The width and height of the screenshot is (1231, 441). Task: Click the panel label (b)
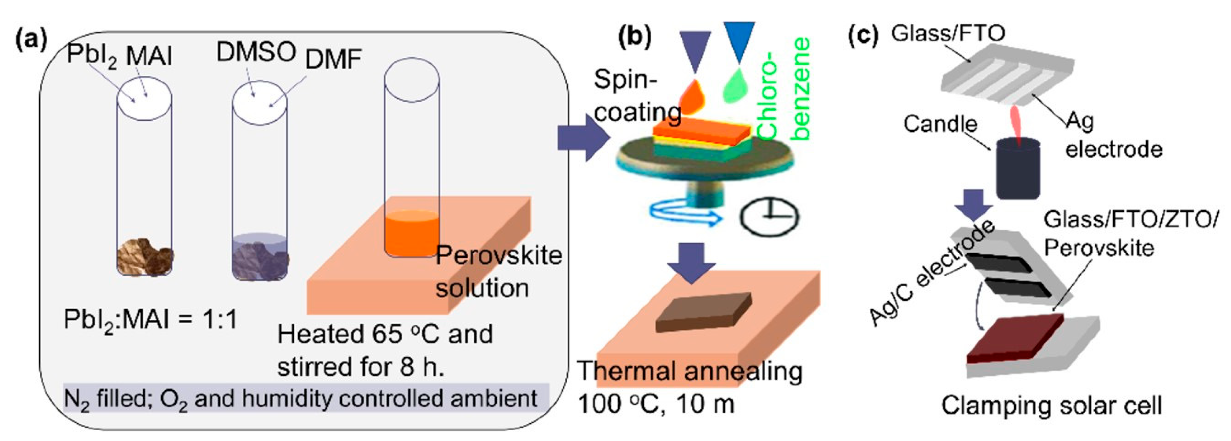click(635, 38)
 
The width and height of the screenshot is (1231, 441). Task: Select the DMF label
click(334, 60)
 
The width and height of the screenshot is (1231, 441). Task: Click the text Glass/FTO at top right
click(948, 33)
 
